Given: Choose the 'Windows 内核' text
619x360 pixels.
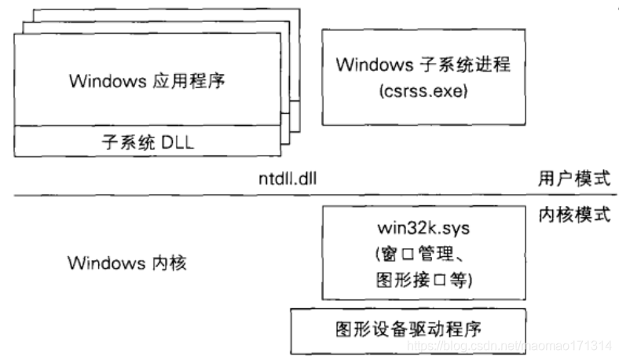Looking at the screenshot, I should [127, 263].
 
